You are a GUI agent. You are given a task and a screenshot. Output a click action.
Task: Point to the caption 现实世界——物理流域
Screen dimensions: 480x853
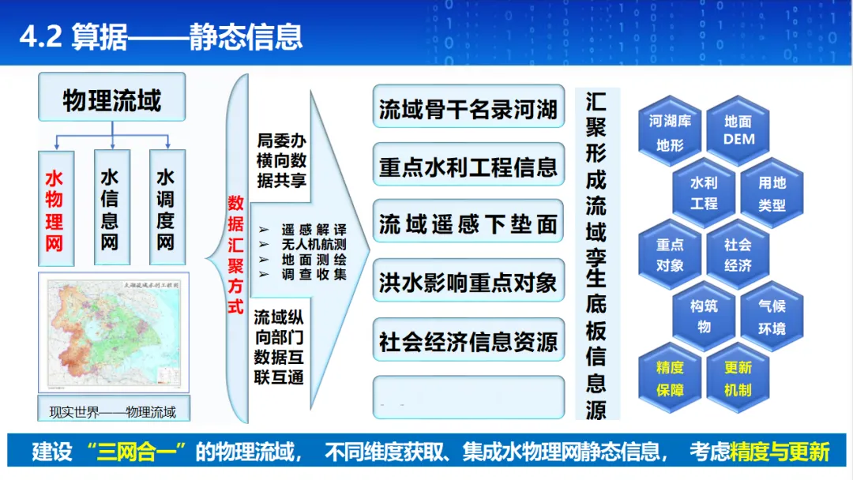pyautogui.click(x=112, y=411)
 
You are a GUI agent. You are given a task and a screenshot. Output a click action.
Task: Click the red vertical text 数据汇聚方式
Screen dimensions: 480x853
pyautogui.click(x=235, y=254)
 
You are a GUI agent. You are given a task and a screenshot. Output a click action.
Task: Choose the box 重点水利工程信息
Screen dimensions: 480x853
pyautogui.click(x=468, y=167)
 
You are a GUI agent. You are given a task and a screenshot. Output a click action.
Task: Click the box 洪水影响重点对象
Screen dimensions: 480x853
pyautogui.click(x=468, y=282)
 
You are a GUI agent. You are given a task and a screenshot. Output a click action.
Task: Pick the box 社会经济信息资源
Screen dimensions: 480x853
pyautogui.click(x=468, y=340)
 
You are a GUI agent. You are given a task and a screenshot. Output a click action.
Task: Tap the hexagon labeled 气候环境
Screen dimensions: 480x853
pyautogui.click(x=772, y=317)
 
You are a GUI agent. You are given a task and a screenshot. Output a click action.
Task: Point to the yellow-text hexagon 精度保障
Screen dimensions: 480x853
pyautogui.click(x=670, y=378)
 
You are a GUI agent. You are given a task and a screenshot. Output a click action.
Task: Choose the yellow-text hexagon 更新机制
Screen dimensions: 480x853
pyautogui.click(x=738, y=378)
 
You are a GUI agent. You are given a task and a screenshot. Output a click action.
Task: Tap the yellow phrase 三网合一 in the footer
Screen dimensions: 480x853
pyautogui.click(x=141, y=452)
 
